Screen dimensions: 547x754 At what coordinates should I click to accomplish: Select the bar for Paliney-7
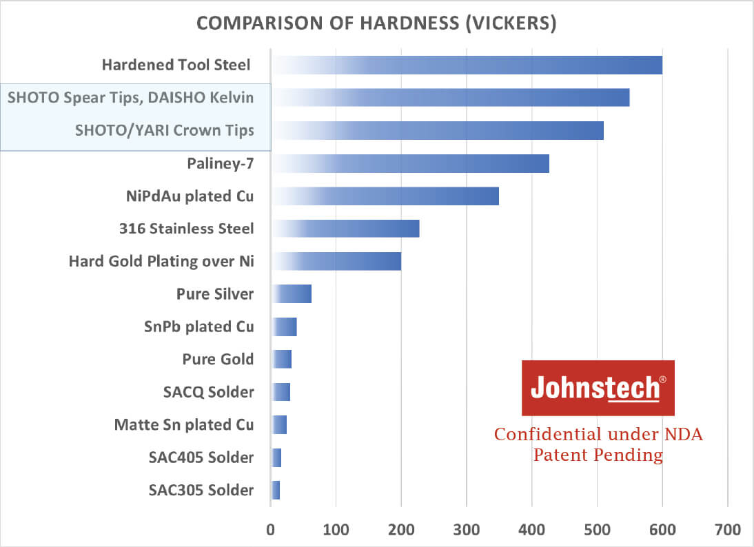(x=410, y=163)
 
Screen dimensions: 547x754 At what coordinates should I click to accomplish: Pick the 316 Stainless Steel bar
(x=345, y=228)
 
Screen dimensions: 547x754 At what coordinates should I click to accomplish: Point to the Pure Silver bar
(x=292, y=294)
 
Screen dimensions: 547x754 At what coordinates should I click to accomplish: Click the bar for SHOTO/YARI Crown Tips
(x=438, y=130)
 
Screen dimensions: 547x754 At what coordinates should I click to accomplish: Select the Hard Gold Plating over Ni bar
(x=336, y=261)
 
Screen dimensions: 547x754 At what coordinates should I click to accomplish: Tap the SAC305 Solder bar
(x=276, y=490)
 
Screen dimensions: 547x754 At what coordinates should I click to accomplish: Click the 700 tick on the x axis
(x=728, y=530)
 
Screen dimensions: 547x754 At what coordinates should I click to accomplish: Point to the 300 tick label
(x=467, y=530)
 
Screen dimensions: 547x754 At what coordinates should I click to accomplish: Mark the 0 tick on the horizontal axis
(x=271, y=530)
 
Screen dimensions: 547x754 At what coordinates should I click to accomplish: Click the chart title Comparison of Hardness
(x=376, y=23)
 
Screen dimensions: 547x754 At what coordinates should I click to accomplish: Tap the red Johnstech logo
(x=598, y=388)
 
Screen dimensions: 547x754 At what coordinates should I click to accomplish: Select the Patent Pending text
(x=598, y=455)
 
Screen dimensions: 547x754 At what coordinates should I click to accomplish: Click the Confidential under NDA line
(x=598, y=435)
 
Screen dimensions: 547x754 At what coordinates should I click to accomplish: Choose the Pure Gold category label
(x=218, y=359)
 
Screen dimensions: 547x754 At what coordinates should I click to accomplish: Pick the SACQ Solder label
(x=209, y=392)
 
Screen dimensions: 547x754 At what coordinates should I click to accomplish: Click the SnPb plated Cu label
(x=198, y=326)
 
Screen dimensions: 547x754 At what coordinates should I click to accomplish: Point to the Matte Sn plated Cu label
(x=184, y=424)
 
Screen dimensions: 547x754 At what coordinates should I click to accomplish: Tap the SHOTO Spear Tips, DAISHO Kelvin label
(x=130, y=97)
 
